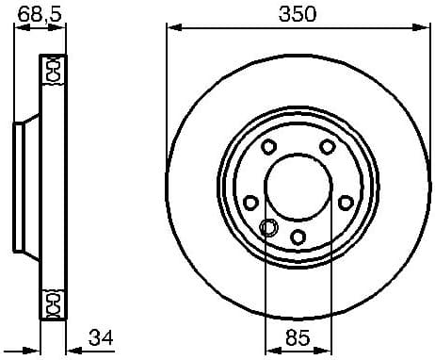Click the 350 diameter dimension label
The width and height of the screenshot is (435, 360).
[298, 13]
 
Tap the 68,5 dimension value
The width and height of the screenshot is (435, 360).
[34, 13]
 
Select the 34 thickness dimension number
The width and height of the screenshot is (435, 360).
[104, 336]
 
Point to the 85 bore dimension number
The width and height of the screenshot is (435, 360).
[298, 336]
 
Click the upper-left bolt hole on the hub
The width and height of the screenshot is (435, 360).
[268, 147]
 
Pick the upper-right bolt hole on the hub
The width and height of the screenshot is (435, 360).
[327, 147]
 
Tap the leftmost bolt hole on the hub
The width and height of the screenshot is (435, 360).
[250, 203]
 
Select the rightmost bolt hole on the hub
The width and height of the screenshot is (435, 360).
[345, 203]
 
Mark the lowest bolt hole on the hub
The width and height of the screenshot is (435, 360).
[298, 237]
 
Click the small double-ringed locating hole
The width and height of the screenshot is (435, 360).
[267, 227]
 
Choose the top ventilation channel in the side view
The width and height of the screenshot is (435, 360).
[53, 68]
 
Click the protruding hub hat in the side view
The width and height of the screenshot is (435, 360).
[23, 184]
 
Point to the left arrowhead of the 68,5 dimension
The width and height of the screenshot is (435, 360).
[16, 29]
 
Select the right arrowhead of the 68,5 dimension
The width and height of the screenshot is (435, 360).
[64, 29]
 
